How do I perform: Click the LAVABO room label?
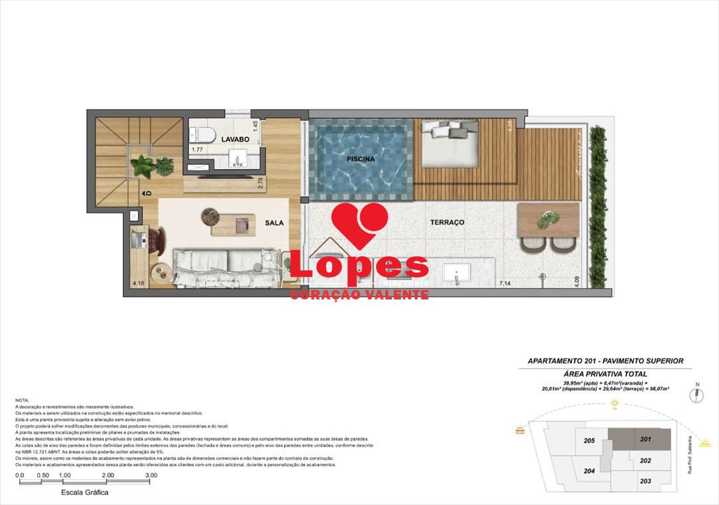235,140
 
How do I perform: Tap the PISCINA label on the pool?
360,160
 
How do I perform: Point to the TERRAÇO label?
447,222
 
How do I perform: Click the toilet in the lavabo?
202,134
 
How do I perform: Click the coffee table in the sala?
229,224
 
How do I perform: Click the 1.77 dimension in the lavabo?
198,150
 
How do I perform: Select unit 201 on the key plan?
644,439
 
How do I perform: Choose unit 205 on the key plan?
589,440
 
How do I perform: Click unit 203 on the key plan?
644,481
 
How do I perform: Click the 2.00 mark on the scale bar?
108,476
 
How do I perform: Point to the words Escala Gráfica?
85,493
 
